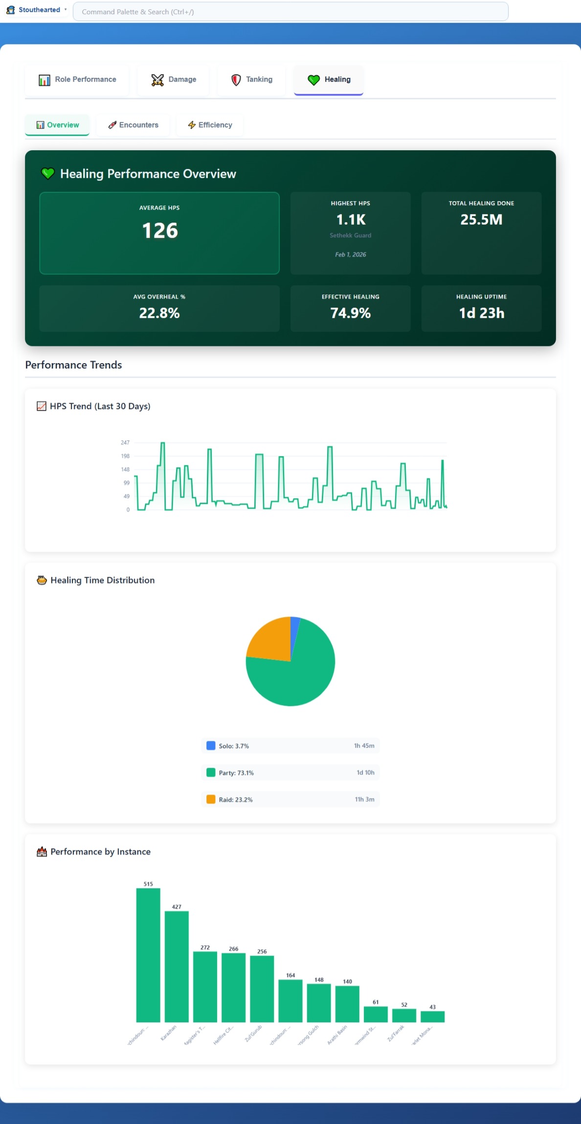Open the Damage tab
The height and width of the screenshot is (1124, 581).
pos(174,80)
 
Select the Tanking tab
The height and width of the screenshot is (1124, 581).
pos(252,80)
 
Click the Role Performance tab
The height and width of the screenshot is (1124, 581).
pos(77,80)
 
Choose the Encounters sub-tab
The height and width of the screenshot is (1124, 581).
pos(133,125)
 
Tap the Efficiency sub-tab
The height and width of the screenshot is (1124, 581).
pos(210,125)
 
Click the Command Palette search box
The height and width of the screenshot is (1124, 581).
pos(290,12)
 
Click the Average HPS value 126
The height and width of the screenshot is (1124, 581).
pos(159,231)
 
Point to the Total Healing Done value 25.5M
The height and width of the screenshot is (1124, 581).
pos(481,220)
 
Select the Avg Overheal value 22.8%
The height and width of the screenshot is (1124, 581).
pos(159,313)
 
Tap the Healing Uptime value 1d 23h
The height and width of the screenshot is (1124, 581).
pos(481,313)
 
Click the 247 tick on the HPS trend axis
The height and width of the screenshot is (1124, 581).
pos(125,443)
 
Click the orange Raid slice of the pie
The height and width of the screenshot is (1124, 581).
pos(269,638)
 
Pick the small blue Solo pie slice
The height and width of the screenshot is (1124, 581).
pos(294,629)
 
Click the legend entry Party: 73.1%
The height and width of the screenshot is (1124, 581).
pos(236,773)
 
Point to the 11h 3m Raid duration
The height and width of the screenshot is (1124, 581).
pos(364,800)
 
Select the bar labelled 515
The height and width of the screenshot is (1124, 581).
pos(148,954)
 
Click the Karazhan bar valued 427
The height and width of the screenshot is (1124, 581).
pos(177,966)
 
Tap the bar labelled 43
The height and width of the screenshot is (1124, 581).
pos(432,1017)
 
